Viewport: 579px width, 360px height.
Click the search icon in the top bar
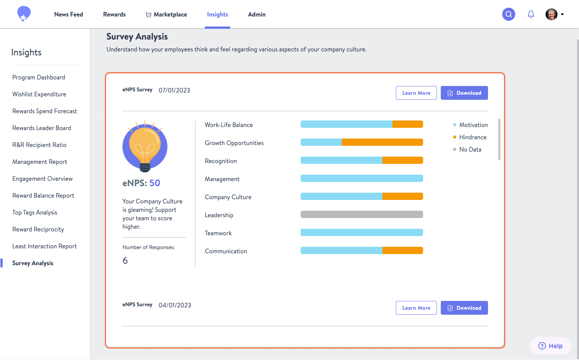[508, 14]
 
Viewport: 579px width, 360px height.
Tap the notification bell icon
[531, 14]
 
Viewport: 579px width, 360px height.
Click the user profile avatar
[551, 14]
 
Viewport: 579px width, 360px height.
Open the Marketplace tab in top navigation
[166, 14]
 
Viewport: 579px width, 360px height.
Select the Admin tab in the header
[256, 14]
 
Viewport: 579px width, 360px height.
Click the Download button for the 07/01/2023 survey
[464, 93]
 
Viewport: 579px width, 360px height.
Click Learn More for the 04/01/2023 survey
[416, 308]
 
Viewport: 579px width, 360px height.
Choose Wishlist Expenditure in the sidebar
[39, 94]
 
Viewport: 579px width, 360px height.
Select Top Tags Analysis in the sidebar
[35, 212]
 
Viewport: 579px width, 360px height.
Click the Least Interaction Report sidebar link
[45, 246]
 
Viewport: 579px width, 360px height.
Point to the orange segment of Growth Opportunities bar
[382, 142]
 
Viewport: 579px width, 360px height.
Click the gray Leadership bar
[361, 215]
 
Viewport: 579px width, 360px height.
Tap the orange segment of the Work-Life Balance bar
[407, 124]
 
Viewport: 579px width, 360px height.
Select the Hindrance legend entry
[472, 137]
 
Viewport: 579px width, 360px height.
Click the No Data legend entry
[470, 149]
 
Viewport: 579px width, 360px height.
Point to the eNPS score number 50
[155, 183]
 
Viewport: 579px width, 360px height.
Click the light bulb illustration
[145, 147]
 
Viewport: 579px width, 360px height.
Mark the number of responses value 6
[125, 261]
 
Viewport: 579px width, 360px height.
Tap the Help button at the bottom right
[550, 346]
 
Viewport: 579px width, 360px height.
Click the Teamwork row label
[218, 233]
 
